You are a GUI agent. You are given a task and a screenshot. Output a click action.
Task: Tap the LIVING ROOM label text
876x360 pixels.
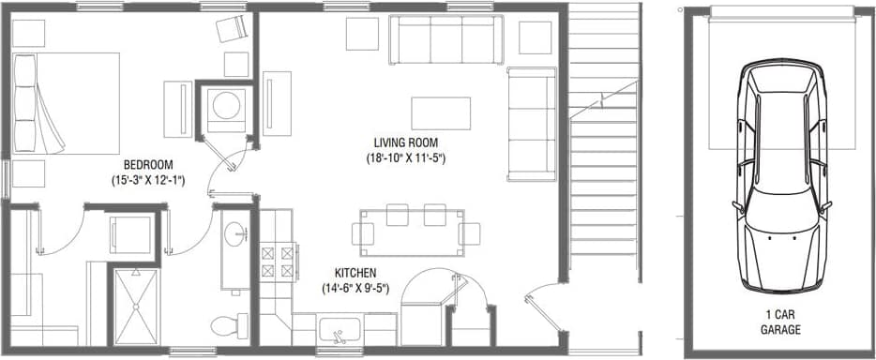[x=406, y=142]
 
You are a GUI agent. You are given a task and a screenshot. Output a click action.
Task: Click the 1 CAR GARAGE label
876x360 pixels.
[x=780, y=322]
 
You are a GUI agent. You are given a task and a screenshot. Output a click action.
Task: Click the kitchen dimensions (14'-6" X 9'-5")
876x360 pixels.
[x=355, y=288]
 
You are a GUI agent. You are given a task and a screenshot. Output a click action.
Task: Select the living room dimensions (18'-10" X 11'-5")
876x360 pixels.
[x=406, y=158]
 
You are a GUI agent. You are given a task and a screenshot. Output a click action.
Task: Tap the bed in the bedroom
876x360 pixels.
[x=66, y=103]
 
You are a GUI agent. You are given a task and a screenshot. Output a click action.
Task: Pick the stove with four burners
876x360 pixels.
[x=278, y=262]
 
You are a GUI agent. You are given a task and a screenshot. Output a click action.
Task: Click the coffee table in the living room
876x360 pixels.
[x=440, y=112]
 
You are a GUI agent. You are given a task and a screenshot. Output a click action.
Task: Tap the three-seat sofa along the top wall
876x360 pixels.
[x=446, y=39]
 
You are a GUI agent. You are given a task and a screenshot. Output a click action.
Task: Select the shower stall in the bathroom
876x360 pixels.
[x=138, y=304]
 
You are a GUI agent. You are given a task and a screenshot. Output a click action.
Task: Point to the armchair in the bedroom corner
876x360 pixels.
[x=231, y=30]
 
